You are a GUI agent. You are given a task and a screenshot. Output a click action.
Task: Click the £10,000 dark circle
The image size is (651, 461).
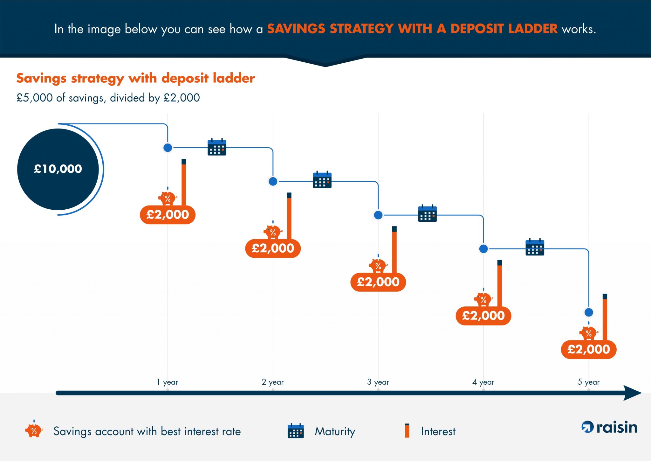[x=58, y=169]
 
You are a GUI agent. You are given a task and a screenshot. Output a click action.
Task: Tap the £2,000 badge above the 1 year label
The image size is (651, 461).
[x=168, y=215]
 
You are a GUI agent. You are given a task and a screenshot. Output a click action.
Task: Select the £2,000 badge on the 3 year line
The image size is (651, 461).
[x=378, y=282]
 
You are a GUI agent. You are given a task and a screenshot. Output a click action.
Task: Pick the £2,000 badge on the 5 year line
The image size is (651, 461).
[x=588, y=349]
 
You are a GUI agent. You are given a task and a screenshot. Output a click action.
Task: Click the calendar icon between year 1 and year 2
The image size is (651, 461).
[x=217, y=147]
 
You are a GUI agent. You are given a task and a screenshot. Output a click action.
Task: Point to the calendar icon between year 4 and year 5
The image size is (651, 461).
[x=535, y=248]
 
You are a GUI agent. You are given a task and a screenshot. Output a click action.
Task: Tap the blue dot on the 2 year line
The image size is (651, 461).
[x=273, y=181]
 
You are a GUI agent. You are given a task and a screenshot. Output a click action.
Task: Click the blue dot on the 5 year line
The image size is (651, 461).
[x=589, y=312]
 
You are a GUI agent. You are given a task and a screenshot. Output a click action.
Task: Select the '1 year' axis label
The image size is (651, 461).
[x=167, y=382]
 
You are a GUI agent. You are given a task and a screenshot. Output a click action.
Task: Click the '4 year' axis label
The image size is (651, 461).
[x=483, y=382]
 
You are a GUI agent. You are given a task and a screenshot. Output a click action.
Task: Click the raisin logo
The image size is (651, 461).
[x=609, y=427]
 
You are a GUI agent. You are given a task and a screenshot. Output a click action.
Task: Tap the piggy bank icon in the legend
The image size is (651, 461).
[x=34, y=430]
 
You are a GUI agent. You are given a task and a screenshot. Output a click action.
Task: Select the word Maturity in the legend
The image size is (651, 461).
[x=335, y=432]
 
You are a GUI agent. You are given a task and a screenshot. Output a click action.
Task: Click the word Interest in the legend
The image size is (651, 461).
[x=438, y=431]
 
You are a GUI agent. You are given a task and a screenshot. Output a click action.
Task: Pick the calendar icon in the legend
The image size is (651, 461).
[x=296, y=431]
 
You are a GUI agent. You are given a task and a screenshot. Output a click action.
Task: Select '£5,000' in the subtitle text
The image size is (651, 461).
[x=34, y=98]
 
